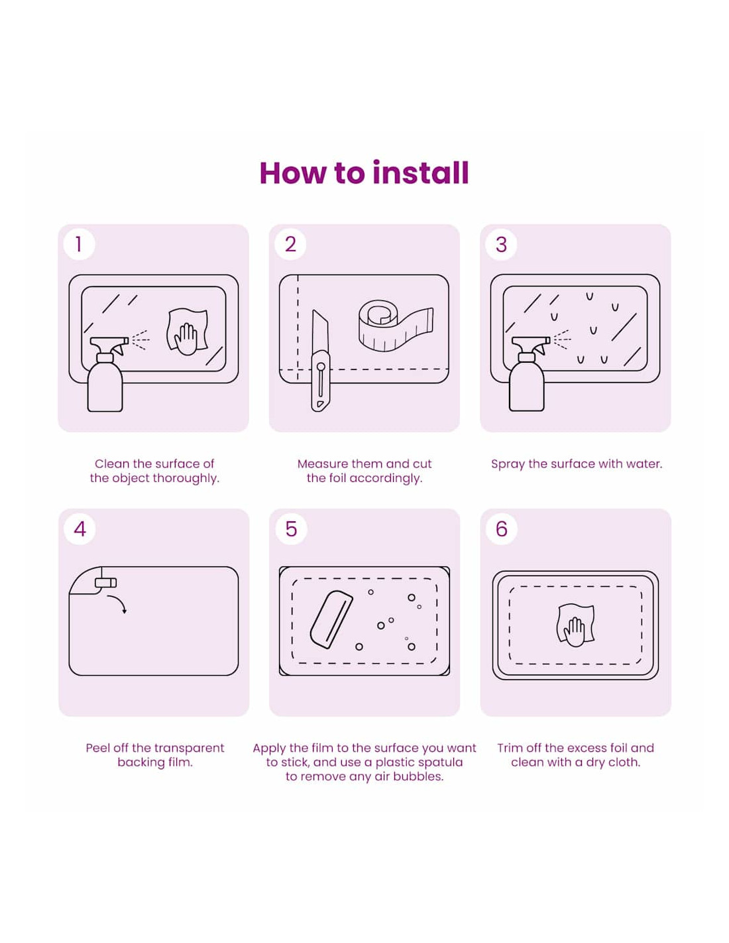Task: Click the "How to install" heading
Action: click(364, 173)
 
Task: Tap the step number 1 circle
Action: click(79, 244)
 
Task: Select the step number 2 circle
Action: click(290, 244)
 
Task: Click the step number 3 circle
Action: click(501, 244)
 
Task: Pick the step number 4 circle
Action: click(80, 529)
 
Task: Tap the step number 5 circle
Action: click(291, 529)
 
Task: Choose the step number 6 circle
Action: click(501, 529)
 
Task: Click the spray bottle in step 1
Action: click(106, 373)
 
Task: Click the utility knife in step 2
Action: click(321, 360)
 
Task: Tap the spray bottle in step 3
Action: click(528, 373)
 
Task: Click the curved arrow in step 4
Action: click(118, 601)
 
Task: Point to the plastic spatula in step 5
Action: click(331, 619)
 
